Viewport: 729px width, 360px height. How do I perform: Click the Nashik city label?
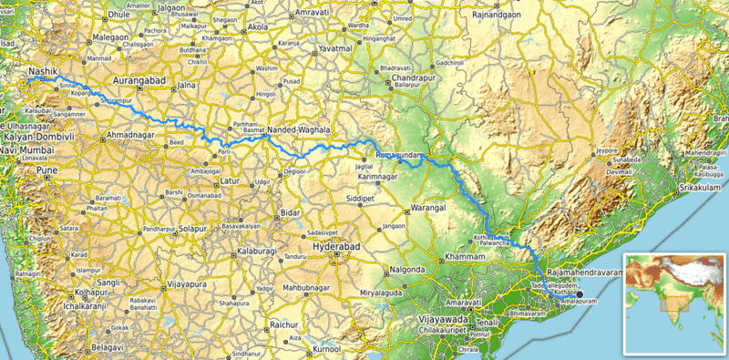pos(45,69)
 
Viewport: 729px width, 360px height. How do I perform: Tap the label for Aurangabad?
pos(144,81)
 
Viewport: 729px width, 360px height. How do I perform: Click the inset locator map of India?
pos(673,303)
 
